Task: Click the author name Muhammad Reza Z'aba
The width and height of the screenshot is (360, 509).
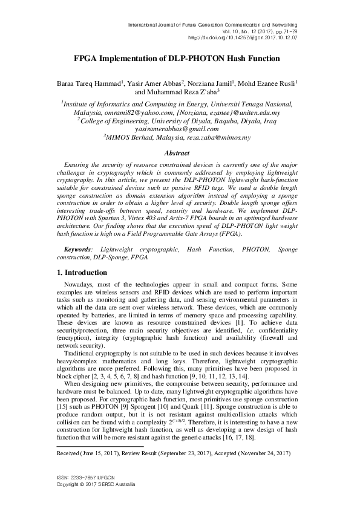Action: click(180, 92)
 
